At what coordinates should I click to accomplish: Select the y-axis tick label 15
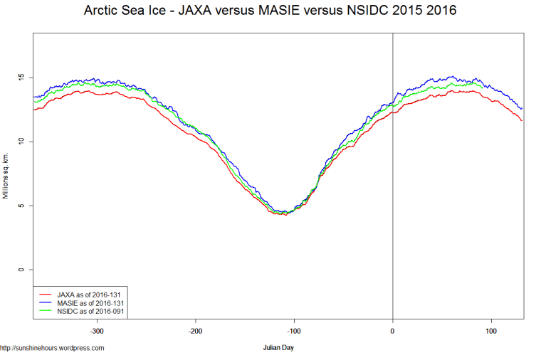pos(21,77)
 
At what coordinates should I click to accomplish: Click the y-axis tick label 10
pos(21,142)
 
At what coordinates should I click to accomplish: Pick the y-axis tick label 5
pos(21,206)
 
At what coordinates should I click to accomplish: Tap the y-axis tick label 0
pos(21,270)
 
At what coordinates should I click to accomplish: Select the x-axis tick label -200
pos(196,332)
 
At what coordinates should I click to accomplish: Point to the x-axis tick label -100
pos(294,332)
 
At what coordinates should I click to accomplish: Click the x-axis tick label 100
pos(491,332)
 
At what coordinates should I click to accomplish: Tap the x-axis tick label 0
pos(393,332)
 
